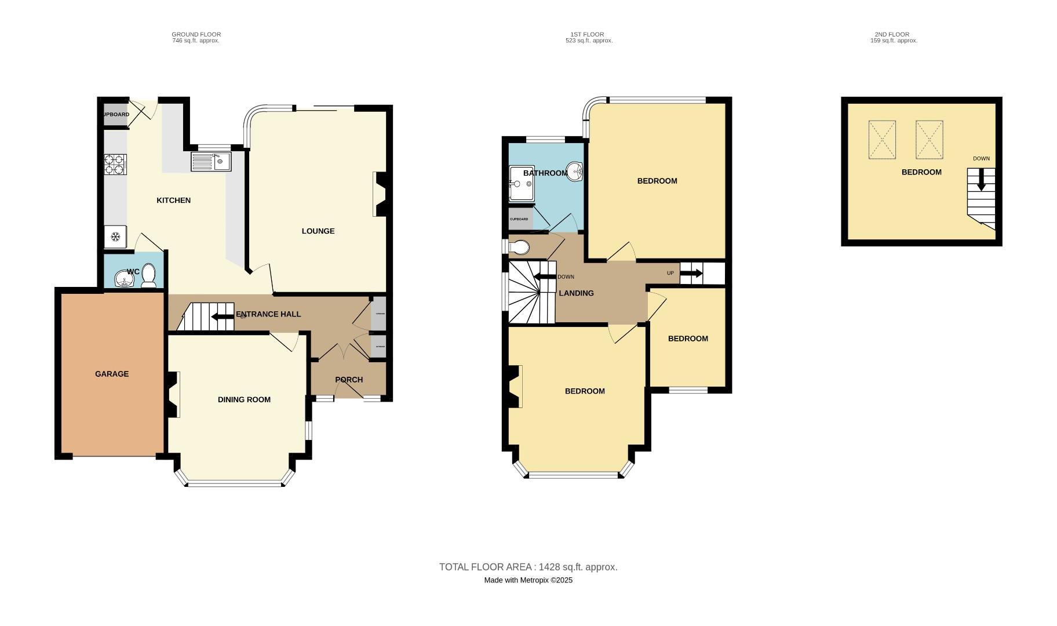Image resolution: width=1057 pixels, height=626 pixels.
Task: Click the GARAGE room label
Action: click(x=112, y=374)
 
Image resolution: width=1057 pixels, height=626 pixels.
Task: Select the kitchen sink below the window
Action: click(x=211, y=161)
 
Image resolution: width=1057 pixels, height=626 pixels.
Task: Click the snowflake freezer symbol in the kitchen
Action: click(x=115, y=236)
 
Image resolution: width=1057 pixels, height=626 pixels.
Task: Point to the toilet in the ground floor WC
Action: click(x=149, y=275)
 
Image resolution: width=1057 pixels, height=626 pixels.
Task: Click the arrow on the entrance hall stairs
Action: click(x=223, y=316)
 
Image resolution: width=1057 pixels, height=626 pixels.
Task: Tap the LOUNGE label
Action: click(x=318, y=231)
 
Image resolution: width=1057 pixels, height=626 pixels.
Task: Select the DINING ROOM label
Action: click(x=244, y=399)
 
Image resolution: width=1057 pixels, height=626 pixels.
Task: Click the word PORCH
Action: click(x=349, y=380)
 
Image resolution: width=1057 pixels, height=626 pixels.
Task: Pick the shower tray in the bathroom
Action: click(x=521, y=184)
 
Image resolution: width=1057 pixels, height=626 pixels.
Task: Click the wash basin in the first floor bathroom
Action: click(x=575, y=172)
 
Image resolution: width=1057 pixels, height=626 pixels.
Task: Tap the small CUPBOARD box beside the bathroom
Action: click(x=519, y=219)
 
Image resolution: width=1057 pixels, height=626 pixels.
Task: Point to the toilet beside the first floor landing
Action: click(x=519, y=248)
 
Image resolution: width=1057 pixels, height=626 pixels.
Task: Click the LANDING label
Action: click(x=576, y=293)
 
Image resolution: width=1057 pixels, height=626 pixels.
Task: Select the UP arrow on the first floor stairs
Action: click(x=691, y=273)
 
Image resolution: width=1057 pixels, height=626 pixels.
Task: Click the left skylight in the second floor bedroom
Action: click(x=882, y=140)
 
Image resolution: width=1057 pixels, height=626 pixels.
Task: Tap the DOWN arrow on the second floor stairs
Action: click(x=981, y=180)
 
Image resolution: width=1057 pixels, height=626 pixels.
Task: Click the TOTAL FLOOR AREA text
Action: click(x=528, y=567)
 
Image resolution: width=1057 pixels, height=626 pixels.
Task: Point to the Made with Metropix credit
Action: click(x=528, y=580)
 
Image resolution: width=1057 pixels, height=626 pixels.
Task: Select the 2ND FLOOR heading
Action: click(x=892, y=34)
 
